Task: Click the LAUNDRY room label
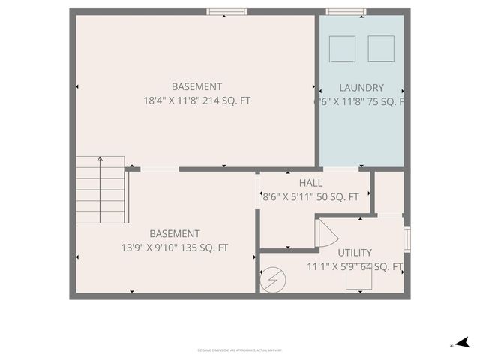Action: click(x=361, y=88)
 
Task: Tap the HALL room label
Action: click(x=310, y=183)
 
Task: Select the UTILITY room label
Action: click(x=354, y=253)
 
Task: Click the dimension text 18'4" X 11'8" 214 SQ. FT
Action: click(x=196, y=100)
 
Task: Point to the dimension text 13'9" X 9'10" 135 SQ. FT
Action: click(x=175, y=247)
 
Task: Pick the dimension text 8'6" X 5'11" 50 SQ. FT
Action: click(x=310, y=197)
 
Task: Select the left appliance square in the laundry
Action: click(x=343, y=49)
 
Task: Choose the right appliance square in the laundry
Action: click(x=380, y=48)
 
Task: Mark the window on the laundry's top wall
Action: click(x=346, y=11)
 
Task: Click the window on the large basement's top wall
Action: click(x=226, y=11)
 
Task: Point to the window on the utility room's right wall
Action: click(x=407, y=238)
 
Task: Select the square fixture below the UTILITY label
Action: click(x=358, y=279)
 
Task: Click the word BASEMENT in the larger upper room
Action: click(x=196, y=87)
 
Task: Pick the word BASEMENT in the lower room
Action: click(x=175, y=234)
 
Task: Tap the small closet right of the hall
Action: click(x=389, y=193)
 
